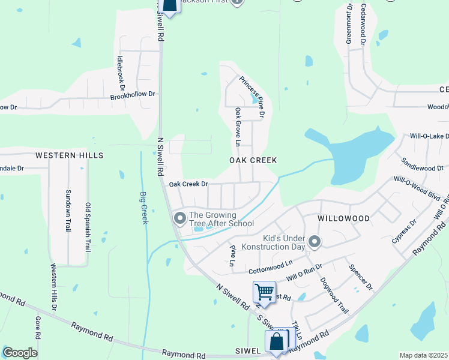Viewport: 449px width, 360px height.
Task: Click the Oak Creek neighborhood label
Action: click(x=253, y=160)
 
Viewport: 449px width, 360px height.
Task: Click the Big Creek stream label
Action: click(x=143, y=208)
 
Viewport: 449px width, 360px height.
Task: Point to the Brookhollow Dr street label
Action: click(x=132, y=95)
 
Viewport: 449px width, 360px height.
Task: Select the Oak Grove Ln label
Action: click(x=238, y=127)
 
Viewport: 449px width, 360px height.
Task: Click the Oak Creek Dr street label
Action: click(x=188, y=184)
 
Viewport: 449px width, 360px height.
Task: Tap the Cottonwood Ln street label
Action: click(x=270, y=263)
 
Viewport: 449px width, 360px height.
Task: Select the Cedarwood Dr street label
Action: click(x=363, y=25)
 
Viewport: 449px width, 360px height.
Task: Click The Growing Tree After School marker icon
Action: click(x=179, y=219)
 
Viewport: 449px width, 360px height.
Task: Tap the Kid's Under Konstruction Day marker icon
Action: click(x=315, y=242)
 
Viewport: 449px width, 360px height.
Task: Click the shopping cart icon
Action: click(x=264, y=292)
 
